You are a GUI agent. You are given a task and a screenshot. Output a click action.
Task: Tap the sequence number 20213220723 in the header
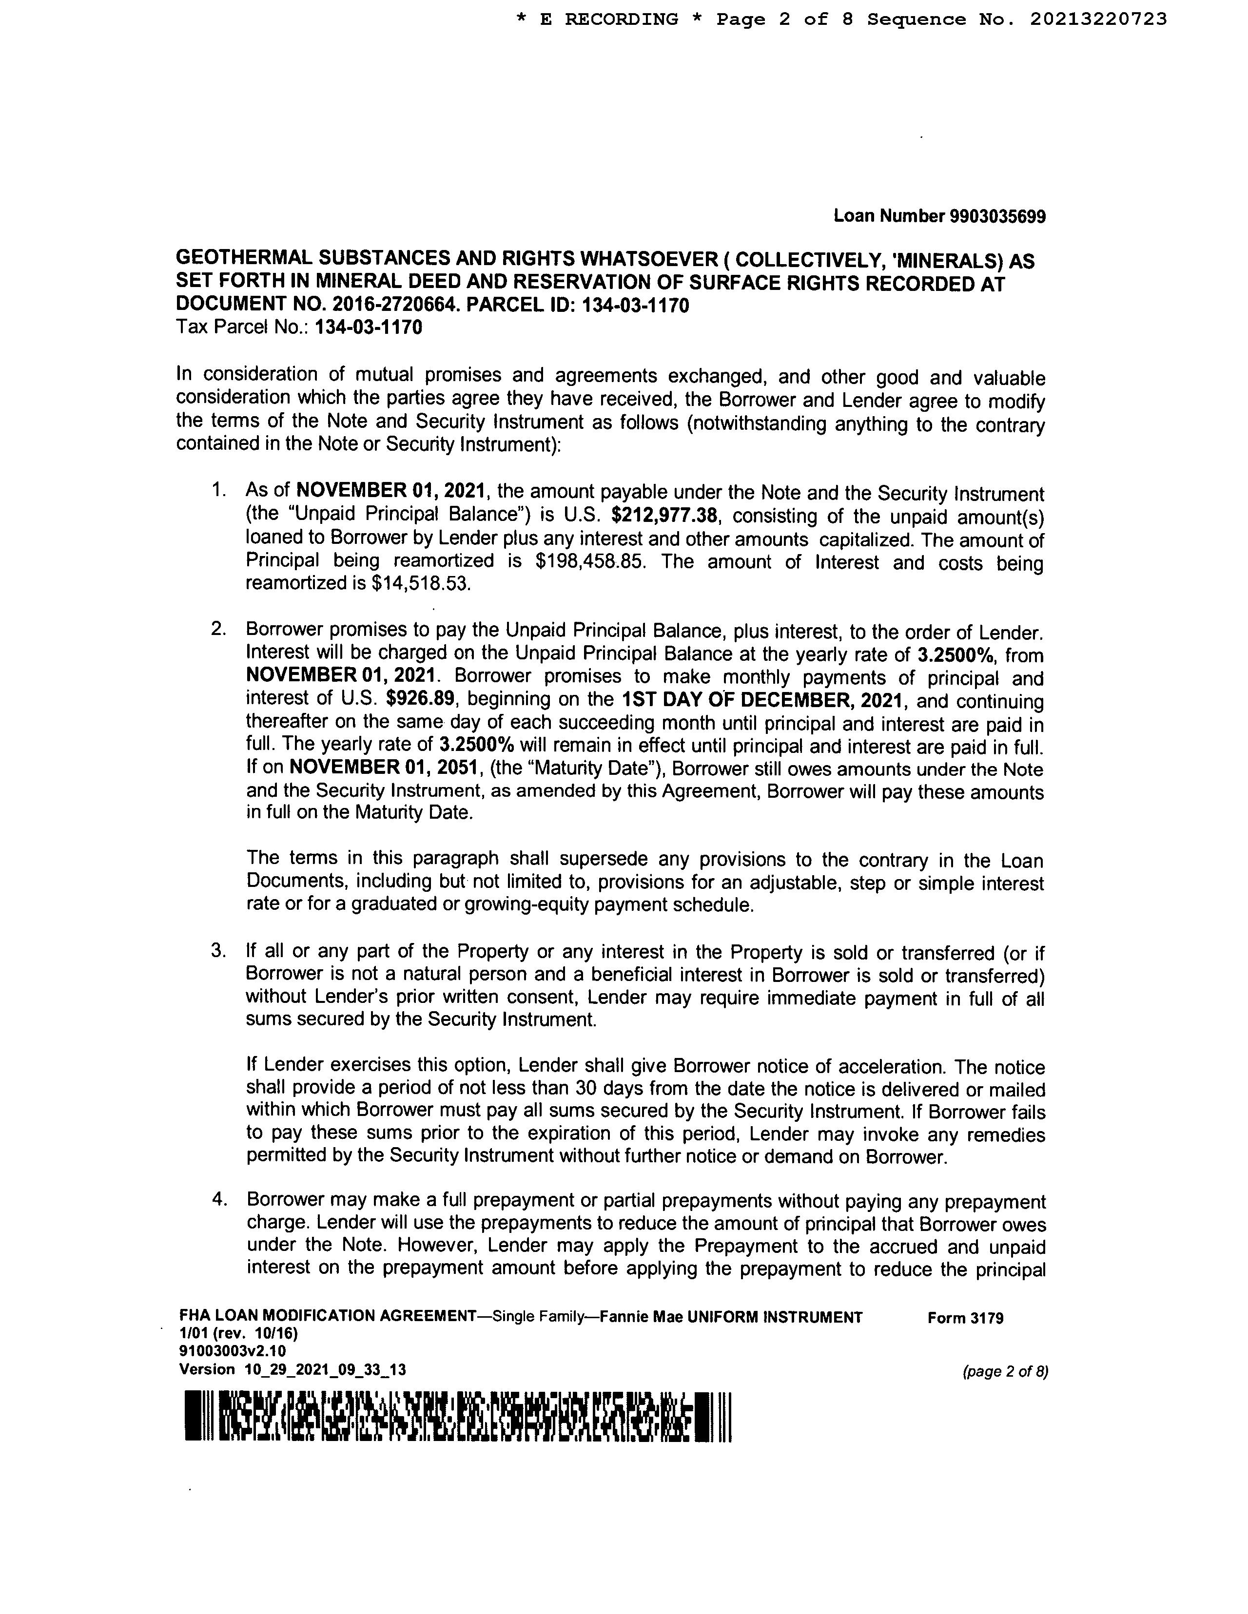coord(1098,19)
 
